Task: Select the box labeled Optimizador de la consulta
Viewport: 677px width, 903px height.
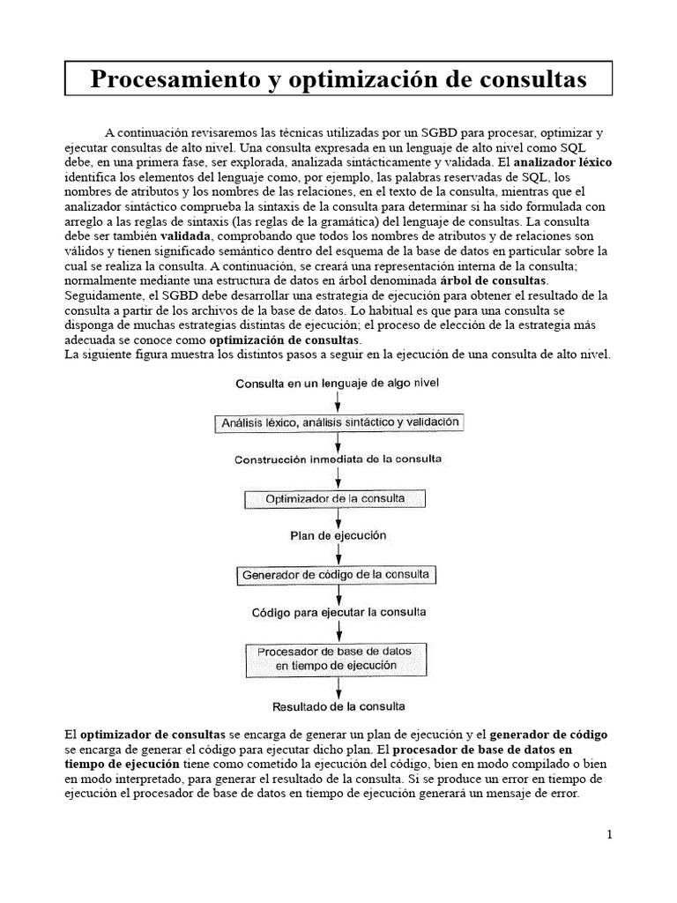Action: (x=336, y=498)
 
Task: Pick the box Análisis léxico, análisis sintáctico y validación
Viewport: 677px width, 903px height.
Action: (x=338, y=423)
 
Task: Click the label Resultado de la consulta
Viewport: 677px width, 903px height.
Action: (x=338, y=706)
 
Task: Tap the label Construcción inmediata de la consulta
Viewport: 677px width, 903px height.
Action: (x=338, y=459)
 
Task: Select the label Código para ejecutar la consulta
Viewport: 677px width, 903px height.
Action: (x=338, y=611)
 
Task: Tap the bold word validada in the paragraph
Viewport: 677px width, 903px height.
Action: (x=185, y=237)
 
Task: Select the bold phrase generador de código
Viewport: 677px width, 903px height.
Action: (x=548, y=735)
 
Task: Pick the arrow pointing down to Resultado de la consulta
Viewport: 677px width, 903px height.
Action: (x=339, y=688)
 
